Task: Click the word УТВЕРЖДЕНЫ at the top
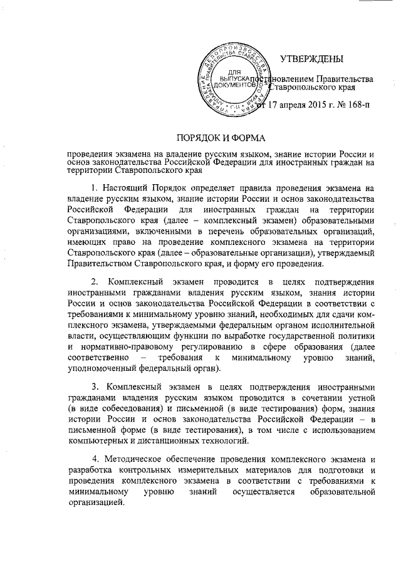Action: (x=311, y=60)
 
